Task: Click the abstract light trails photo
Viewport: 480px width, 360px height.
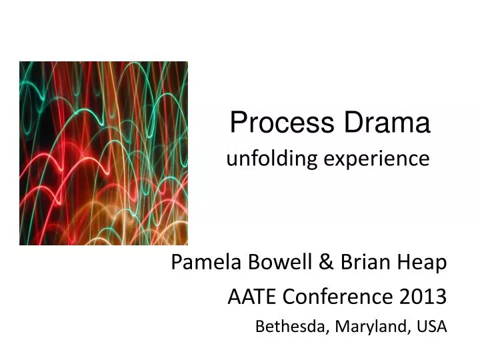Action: coord(103,153)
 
